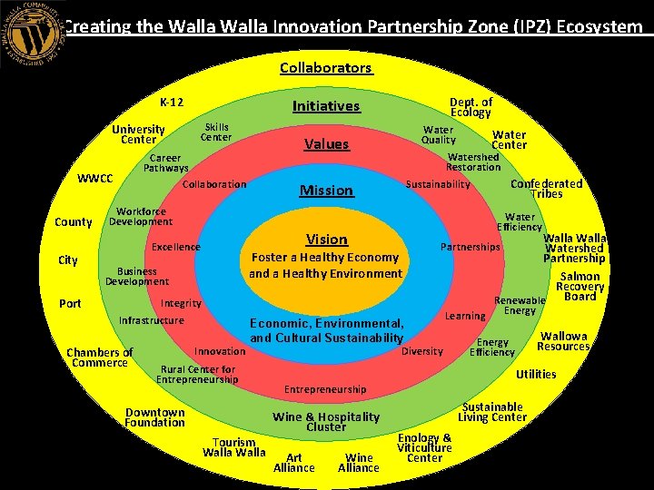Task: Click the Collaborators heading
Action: [x=326, y=68]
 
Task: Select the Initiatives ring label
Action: [x=326, y=106]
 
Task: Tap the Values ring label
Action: [x=326, y=144]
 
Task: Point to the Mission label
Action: [x=326, y=191]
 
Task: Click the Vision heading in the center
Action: [x=326, y=240]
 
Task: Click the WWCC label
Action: [x=94, y=178]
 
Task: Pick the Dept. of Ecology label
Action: [x=471, y=107]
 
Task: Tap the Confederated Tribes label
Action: [x=546, y=189]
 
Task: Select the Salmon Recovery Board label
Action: [x=580, y=286]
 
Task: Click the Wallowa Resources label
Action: [x=563, y=341]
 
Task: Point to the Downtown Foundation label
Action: [x=154, y=417]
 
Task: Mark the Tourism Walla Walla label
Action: [x=234, y=447]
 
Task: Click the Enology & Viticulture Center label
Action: [x=424, y=447]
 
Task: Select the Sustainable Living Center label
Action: [x=492, y=412]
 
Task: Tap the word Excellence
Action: [x=176, y=248]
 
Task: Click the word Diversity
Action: [x=422, y=351]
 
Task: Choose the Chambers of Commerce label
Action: [x=100, y=358]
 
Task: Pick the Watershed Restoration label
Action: [x=473, y=162]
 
